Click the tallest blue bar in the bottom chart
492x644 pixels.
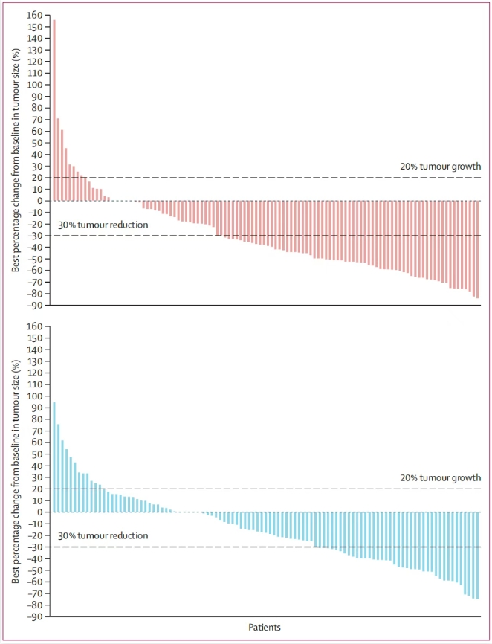click(x=54, y=457)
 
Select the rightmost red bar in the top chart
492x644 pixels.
click(x=477, y=249)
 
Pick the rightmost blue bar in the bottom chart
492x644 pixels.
click(x=477, y=555)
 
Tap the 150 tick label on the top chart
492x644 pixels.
click(x=34, y=26)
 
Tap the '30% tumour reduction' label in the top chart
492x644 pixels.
click(x=103, y=225)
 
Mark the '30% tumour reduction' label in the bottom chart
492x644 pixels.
click(x=103, y=535)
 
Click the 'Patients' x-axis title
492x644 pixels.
click(x=265, y=628)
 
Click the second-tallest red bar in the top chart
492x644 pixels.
click(x=58, y=159)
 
